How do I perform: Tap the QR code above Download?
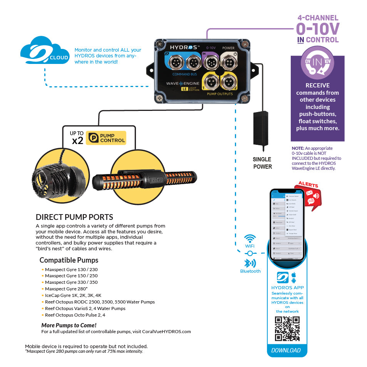pos(287,328)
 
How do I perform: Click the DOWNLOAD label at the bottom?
pos(286,350)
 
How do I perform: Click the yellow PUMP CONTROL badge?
pos(106,138)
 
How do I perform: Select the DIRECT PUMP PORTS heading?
pos(74,217)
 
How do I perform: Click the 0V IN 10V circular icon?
pos(317,63)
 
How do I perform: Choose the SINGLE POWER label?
pos(262,163)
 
